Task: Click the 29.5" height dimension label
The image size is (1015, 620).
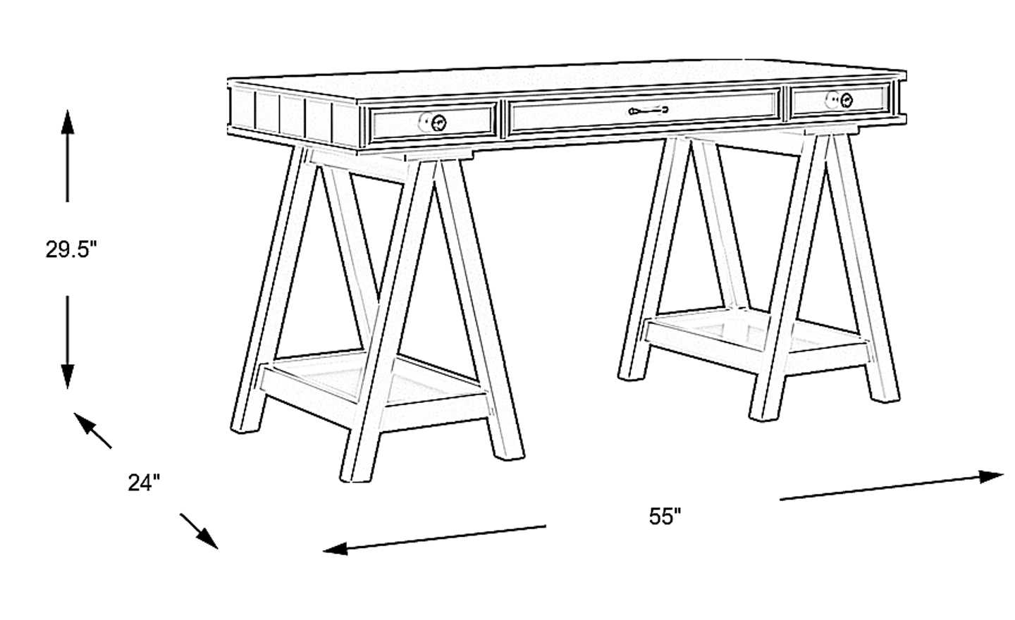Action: (72, 249)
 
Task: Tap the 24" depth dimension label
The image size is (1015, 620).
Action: (144, 483)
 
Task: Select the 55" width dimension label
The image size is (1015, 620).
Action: (665, 516)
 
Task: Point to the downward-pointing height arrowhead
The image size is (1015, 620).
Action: (68, 376)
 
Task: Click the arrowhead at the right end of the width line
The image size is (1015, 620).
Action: (992, 477)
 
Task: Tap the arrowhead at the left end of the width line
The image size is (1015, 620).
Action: (336, 548)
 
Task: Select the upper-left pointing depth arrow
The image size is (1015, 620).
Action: (92, 430)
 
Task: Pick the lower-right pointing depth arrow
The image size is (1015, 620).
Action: (199, 531)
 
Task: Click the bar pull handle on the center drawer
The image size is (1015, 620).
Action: (648, 110)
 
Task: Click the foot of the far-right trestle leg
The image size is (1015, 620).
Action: (885, 395)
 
